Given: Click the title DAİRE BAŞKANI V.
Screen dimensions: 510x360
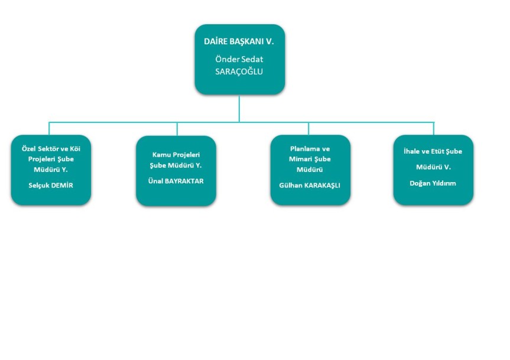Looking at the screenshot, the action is pyautogui.click(x=239, y=41).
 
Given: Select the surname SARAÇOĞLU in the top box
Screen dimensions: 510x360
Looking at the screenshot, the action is pyautogui.click(x=239, y=72).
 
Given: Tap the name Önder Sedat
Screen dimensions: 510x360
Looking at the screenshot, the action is pyautogui.click(x=239, y=59).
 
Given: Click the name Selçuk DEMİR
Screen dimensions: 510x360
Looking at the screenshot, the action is pyautogui.click(x=51, y=186).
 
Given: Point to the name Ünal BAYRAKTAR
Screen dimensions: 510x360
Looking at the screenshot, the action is pyautogui.click(x=176, y=181).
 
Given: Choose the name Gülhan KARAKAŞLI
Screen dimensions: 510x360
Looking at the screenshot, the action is pyautogui.click(x=310, y=186).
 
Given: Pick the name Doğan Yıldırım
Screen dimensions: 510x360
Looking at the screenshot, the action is pyautogui.click(x=433, y=183).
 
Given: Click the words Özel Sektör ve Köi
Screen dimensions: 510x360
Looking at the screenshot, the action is pyautogui.click(x=51, y=148).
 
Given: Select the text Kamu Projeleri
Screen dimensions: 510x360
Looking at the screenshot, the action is pyautogui.click(x=176, y=155).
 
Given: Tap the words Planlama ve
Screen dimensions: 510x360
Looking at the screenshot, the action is pyautogui.click(x=310, y=148).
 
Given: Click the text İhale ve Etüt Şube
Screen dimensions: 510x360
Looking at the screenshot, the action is pyautogui.click(x=433, y=151).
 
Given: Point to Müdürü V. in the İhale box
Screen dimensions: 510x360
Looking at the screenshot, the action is pyautogui.click(x=433, y=167).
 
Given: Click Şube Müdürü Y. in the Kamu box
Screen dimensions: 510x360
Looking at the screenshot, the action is pyautogui.click(x=176, y=166).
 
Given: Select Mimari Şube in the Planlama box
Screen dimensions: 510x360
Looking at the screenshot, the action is pyautogui.click(x=310, y=159).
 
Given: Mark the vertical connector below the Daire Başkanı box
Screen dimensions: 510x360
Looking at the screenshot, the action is pyautogui.click(x=239, y=108).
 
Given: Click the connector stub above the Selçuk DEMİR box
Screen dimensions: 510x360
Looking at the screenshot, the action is pyautogui.click(x=49, y=128).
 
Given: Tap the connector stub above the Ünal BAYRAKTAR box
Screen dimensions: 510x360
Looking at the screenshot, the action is pyautogui.click(x=177, y=129).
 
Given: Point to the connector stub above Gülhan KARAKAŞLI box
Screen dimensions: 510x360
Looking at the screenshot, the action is pyautogui.click(x=308, y=128).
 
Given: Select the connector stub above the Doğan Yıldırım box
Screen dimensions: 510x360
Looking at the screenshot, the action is pyautogui.click(x=434, y=128).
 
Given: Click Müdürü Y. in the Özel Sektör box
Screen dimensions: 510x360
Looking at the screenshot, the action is pyautogui.click(x=51, y=170).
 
